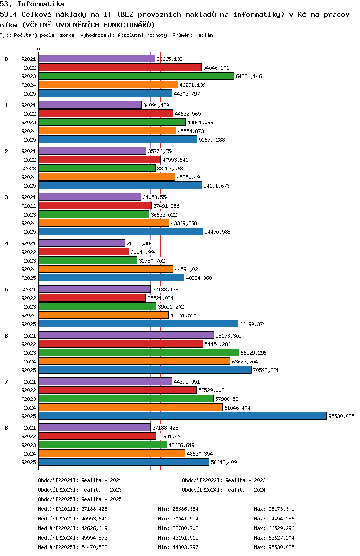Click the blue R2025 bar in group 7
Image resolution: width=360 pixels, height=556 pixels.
pyautogui.click(x=182, y=416)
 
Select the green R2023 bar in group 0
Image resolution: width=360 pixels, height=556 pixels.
pyautogui.click(x=136, y=76)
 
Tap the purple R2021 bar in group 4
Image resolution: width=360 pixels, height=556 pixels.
pyautogui.click(x=82, y=243)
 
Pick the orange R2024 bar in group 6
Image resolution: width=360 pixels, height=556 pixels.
pyautogui.click(x=134, y=361)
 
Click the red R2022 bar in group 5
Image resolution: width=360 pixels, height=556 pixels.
pyautogui.click(x=92, y=298)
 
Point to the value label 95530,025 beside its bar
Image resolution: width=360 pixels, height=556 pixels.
pyautogui.click(x=341, y=416)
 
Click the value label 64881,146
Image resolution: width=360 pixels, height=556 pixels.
pyautogui.click(x=249, y=76)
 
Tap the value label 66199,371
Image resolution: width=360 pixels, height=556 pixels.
pyautogui.click(x=252, y=324)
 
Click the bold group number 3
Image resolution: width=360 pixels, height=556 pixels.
pyautogui.click(x=6, y=197)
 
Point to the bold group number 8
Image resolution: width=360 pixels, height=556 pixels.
pyautogui.click(x=6, y=427)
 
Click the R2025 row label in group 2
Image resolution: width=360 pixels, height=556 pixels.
pyautogui.click(x=28, y=186)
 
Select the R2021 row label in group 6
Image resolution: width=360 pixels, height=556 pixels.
pyautogui.click(x=28, y=336)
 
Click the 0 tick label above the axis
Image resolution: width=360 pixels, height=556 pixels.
pyautogui.click(x=39, y=49)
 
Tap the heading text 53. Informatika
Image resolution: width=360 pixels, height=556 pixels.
pyautogui.click(x=32, y=4)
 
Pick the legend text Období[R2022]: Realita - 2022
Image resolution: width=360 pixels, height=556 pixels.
pyautogui.click(x=224, y=480)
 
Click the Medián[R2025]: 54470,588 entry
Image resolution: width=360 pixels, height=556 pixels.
pyautogui.click(x=80, y=547)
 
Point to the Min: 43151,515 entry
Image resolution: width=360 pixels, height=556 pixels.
pyautogui.click(x=178, y=538)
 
